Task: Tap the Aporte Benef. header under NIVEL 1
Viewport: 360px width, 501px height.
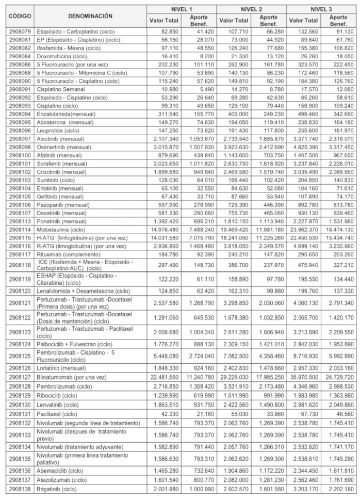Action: [x=199, y=20]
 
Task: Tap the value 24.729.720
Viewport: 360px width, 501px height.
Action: [x=338, y=377]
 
